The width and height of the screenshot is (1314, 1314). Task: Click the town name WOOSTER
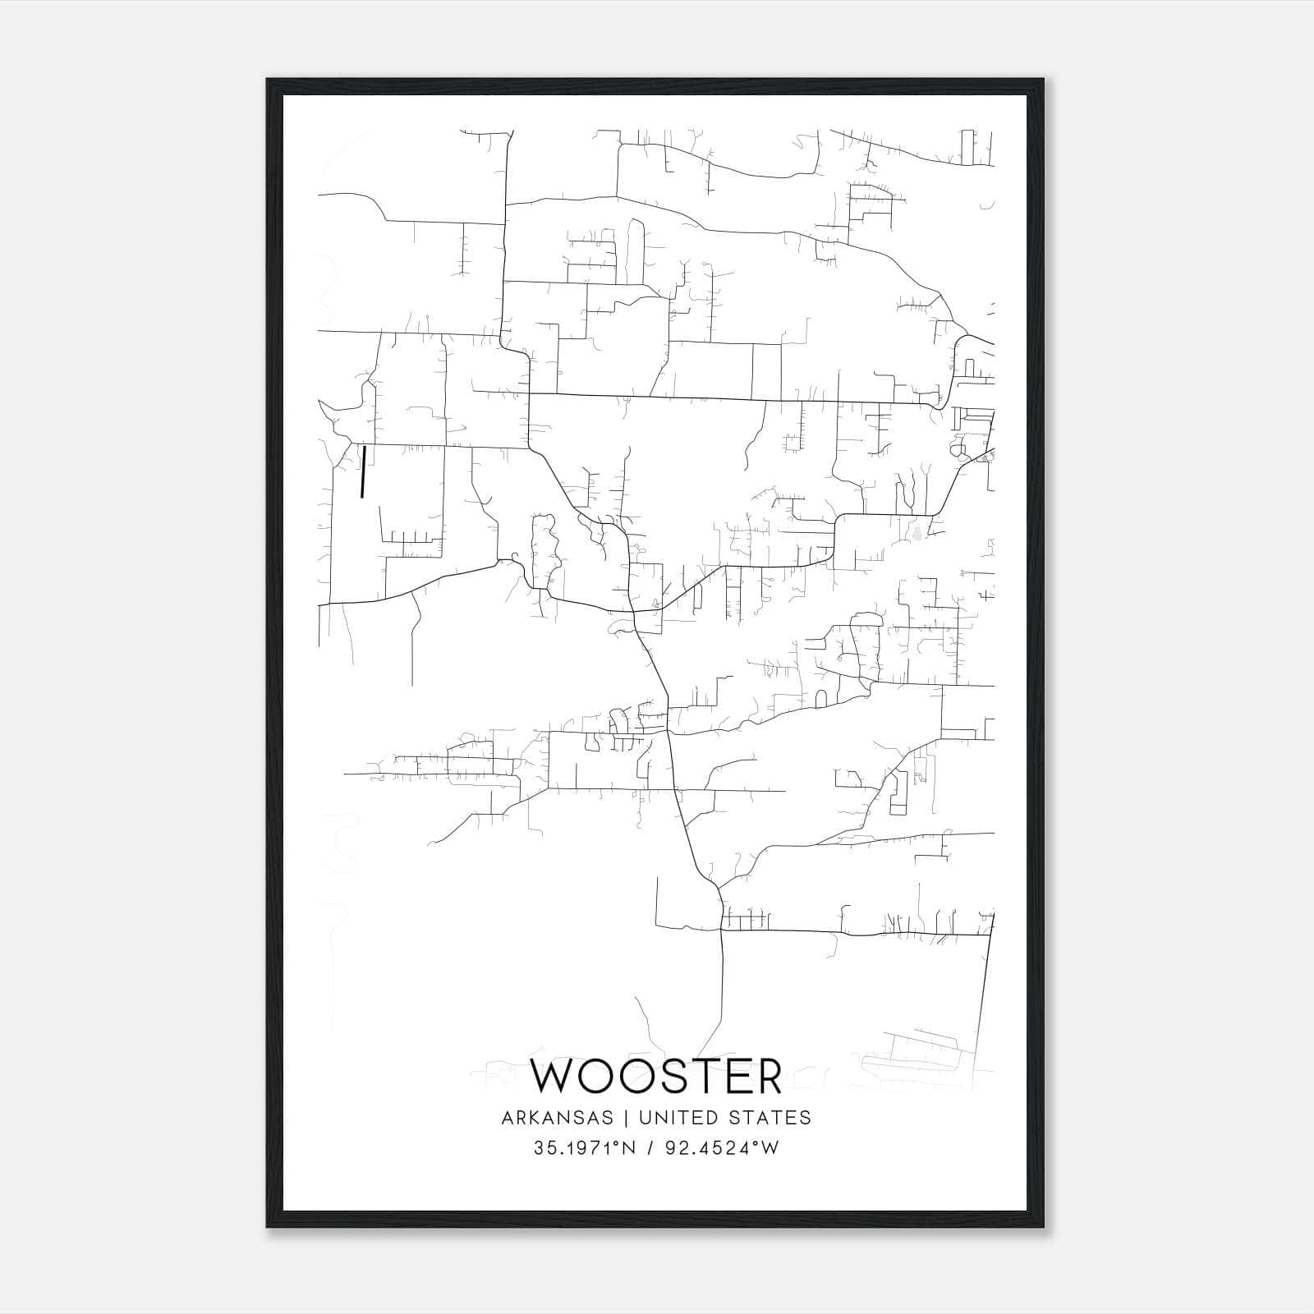coord(656,1077)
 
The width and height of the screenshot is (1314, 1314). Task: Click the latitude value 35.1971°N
coord(586,1148)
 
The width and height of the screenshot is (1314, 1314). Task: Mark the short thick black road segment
coord(362,471)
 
